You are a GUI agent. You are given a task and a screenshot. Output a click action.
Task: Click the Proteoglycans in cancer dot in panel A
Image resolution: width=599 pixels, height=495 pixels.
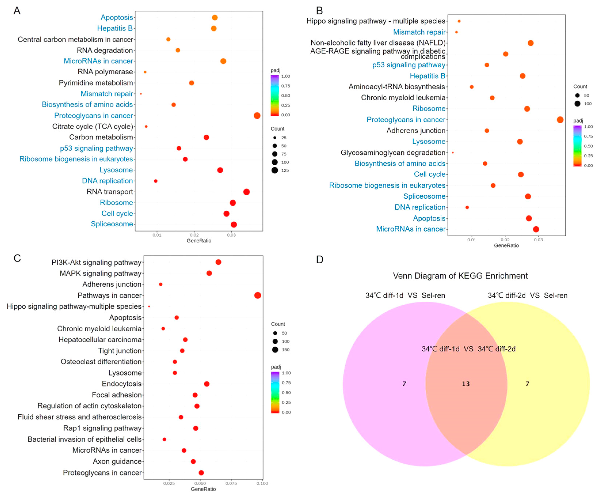[257, 115]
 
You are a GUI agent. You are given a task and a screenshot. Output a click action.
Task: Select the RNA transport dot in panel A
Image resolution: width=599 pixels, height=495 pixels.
[247, 192]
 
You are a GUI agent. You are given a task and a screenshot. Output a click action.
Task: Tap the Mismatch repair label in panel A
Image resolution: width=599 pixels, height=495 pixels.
[107, 94]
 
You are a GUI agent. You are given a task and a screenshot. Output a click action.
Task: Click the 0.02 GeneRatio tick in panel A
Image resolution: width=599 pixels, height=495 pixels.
[194, 235]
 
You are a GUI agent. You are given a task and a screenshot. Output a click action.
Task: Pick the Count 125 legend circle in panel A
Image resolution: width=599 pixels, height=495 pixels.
[274, 170]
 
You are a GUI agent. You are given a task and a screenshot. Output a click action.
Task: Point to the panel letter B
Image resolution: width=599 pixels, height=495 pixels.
[319, 11]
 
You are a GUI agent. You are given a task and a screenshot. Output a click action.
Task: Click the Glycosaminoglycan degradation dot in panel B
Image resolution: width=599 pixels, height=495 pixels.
[453, 153]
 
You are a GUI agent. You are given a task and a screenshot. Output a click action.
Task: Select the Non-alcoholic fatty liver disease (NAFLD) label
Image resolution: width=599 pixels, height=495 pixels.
[378, 43]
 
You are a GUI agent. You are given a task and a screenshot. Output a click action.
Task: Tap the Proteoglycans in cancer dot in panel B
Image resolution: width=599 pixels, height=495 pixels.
[560, 120]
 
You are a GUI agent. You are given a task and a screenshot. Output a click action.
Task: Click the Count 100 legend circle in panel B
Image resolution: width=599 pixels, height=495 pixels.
[577, 104]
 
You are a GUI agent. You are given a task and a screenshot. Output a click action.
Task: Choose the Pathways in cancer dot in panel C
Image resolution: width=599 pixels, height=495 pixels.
[257, 295]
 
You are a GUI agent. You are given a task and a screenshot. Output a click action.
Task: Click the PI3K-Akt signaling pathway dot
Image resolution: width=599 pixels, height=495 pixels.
[218, 262]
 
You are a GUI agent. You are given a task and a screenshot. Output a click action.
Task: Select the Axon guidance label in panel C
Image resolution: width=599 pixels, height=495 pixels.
[117, 461]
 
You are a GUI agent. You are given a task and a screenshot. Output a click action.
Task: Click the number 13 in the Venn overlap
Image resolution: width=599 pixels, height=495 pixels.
[466, 384]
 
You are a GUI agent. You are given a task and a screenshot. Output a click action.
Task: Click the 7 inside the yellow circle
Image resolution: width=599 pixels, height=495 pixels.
[527, 384]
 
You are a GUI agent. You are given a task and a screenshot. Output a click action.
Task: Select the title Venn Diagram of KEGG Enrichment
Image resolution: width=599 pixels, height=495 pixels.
[460, 276]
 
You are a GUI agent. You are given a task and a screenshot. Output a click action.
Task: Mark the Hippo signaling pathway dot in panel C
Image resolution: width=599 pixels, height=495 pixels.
[149, 307]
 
